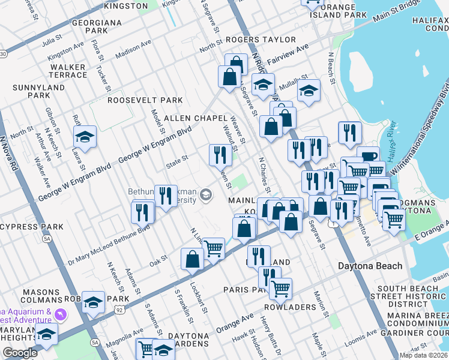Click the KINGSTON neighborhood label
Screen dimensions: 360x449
pyautogui.click(x=125, y=6)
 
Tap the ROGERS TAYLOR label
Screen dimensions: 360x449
pyautogui.click(x=261, y=40)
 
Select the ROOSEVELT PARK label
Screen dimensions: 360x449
pyautogui.click(x=145, y=100)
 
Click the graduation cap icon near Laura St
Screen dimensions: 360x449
pyautogui.click(x=85, y=137)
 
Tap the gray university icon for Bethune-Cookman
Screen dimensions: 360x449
pyautogui.click(x=206, y=194)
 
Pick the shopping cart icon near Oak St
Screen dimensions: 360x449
pyautogui.click(x=213, y=248)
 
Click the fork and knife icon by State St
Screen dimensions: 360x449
pyautogui.click(x=220, y=155)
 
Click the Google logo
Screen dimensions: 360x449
pyautogui.click(x=20, y=353)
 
